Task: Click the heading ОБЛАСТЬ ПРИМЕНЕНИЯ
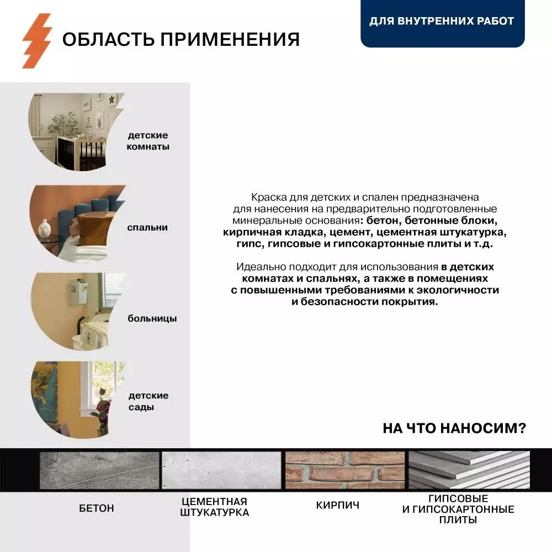tap(181, 40)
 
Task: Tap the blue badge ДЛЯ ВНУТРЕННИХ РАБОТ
tap(442, 22)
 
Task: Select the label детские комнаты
tap(148, 141)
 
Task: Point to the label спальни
tap(147, 227)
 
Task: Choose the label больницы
tap(152, 319)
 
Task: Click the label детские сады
tap(148, 401)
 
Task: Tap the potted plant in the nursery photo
tap(62, 123)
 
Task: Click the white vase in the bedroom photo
tap(44, 227)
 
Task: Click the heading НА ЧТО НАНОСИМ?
tap(454, 428)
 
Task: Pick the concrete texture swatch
tap(99, 470)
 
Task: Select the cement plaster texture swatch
tap(221, 470)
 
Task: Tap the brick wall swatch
tap(345, 470)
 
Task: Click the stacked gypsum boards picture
tap(469, 470)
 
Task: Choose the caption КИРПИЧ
tap(338, 506)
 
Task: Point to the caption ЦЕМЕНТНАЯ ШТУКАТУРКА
tap(214, 507)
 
